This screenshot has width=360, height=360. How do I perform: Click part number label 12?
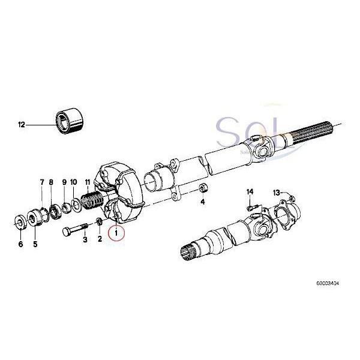[x=22, y=125]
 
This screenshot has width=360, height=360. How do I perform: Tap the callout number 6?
[x=20, y=244]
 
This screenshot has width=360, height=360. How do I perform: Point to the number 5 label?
[x=35, y=244]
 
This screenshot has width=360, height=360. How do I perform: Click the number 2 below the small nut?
[x=100, y=239]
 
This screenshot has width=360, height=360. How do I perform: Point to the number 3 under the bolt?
[x=85, y=239]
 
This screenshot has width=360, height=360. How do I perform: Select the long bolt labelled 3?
[x=75, y=230]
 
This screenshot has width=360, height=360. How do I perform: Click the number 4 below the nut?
[x=203, y=202]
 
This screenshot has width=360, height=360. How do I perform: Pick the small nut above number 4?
[x=203, y=188]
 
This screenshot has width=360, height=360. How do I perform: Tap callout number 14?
[x=250, y=191]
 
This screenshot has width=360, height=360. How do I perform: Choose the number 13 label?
[x=276, y=193]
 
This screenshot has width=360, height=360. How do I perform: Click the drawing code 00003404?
[x=329, y=281]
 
